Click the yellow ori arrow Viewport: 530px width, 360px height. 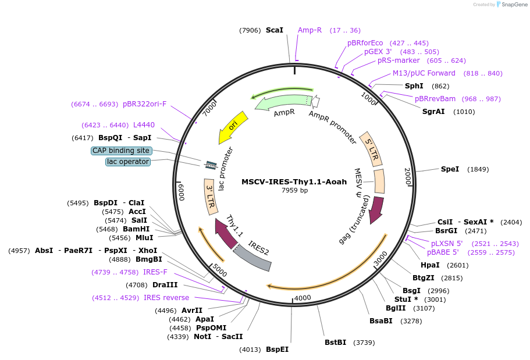(233, 127)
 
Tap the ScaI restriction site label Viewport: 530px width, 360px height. (274, 30)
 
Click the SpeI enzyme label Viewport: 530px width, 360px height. (450, 169)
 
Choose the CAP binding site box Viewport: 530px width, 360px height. (121, 151)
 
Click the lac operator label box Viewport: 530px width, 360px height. (128, 162)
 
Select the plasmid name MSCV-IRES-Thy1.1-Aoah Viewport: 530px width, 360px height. (294, 181)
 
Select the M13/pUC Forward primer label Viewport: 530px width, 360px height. (424, 73)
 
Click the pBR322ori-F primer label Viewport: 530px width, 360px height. (144, 104)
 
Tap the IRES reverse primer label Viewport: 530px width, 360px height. (166, 298)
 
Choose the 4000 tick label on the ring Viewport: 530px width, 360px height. (303, 298)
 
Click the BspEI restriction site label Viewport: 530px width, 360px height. (277, 350)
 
